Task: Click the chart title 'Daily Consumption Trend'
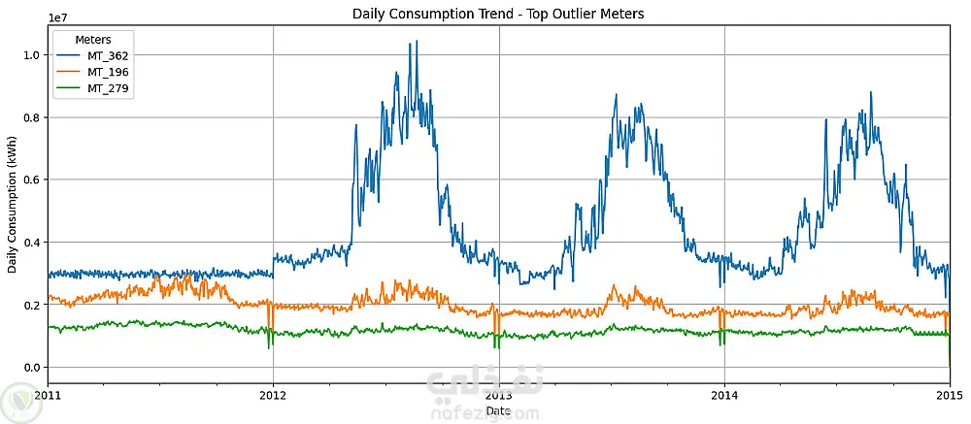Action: (498, 14)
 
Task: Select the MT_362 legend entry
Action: (108, 55)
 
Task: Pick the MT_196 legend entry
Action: (108, 72)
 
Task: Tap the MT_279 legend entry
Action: (108, 88)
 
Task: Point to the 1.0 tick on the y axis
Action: (33, 55)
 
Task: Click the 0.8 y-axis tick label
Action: (33, 117)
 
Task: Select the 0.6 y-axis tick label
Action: (33, 179)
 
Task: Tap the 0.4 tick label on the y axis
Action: (33, 242)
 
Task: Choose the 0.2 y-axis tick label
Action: (33, 305)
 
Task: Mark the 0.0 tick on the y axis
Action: (33, 367)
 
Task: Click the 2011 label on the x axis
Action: (48, 395)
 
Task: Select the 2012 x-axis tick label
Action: (273, 395)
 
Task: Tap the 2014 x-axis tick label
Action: (724, 395)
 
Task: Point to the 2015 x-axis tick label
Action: (949, 395)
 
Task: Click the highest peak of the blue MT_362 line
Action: (417, 42)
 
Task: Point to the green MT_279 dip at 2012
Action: (269, 345)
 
